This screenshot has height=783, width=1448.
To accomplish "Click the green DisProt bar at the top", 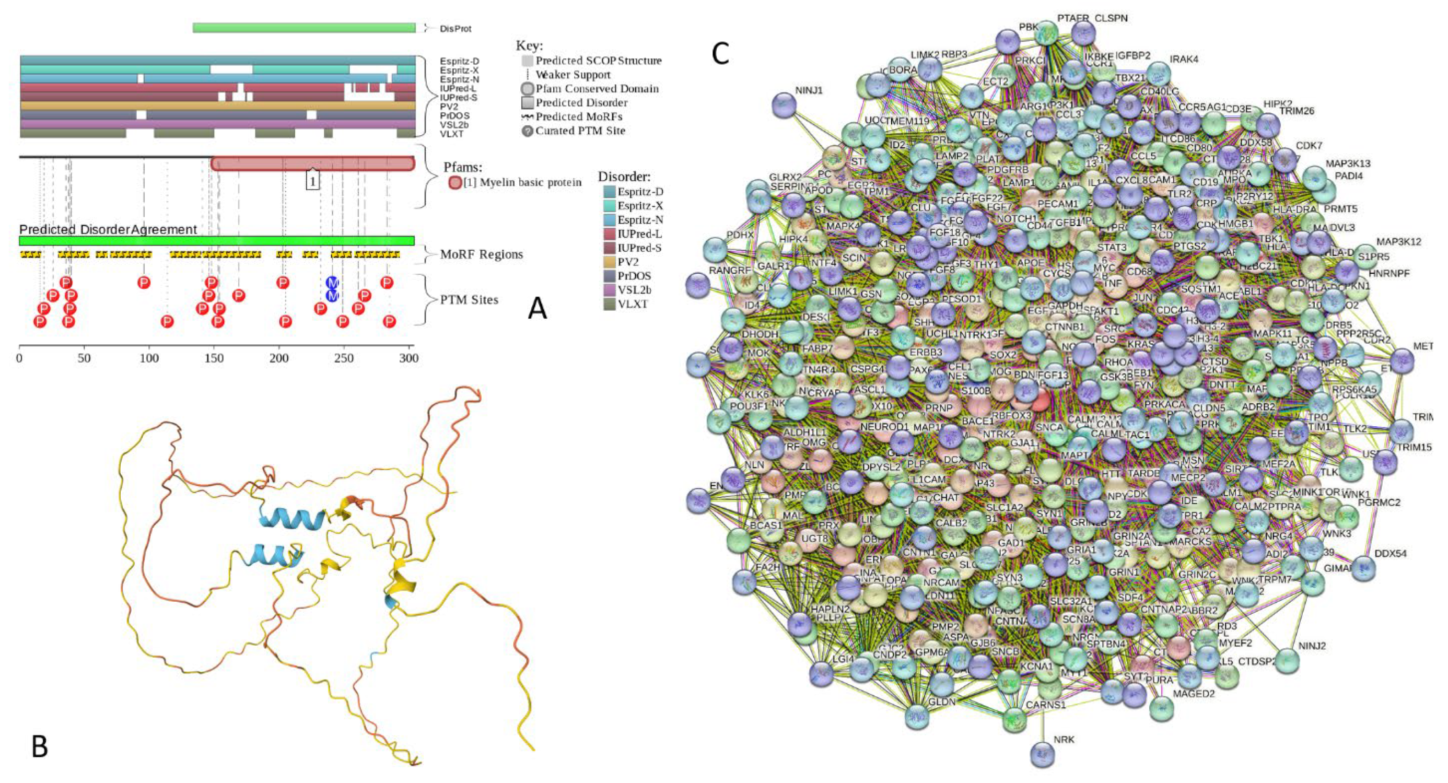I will pos(303,28).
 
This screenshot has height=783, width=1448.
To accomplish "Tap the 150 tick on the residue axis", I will pos(214,358).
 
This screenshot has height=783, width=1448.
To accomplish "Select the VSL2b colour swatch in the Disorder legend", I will pos(609,290).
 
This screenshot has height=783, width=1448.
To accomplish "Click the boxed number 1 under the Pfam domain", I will pos(312,180).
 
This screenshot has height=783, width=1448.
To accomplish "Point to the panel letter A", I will pos(538,308).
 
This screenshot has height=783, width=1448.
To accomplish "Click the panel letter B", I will pos(39,746).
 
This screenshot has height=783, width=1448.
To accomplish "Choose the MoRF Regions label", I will pos(481,254).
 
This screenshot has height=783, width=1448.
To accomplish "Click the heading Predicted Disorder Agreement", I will pos(108,229).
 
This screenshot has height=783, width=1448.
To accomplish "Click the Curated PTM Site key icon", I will pos(527,131).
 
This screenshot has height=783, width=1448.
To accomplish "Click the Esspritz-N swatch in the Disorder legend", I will pos(609,220).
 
